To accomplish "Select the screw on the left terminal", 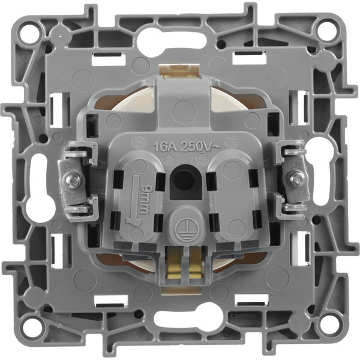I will pyautogui.click(x=73, y=179).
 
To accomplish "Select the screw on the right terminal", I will pyautogui.click(x=295, y=178).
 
